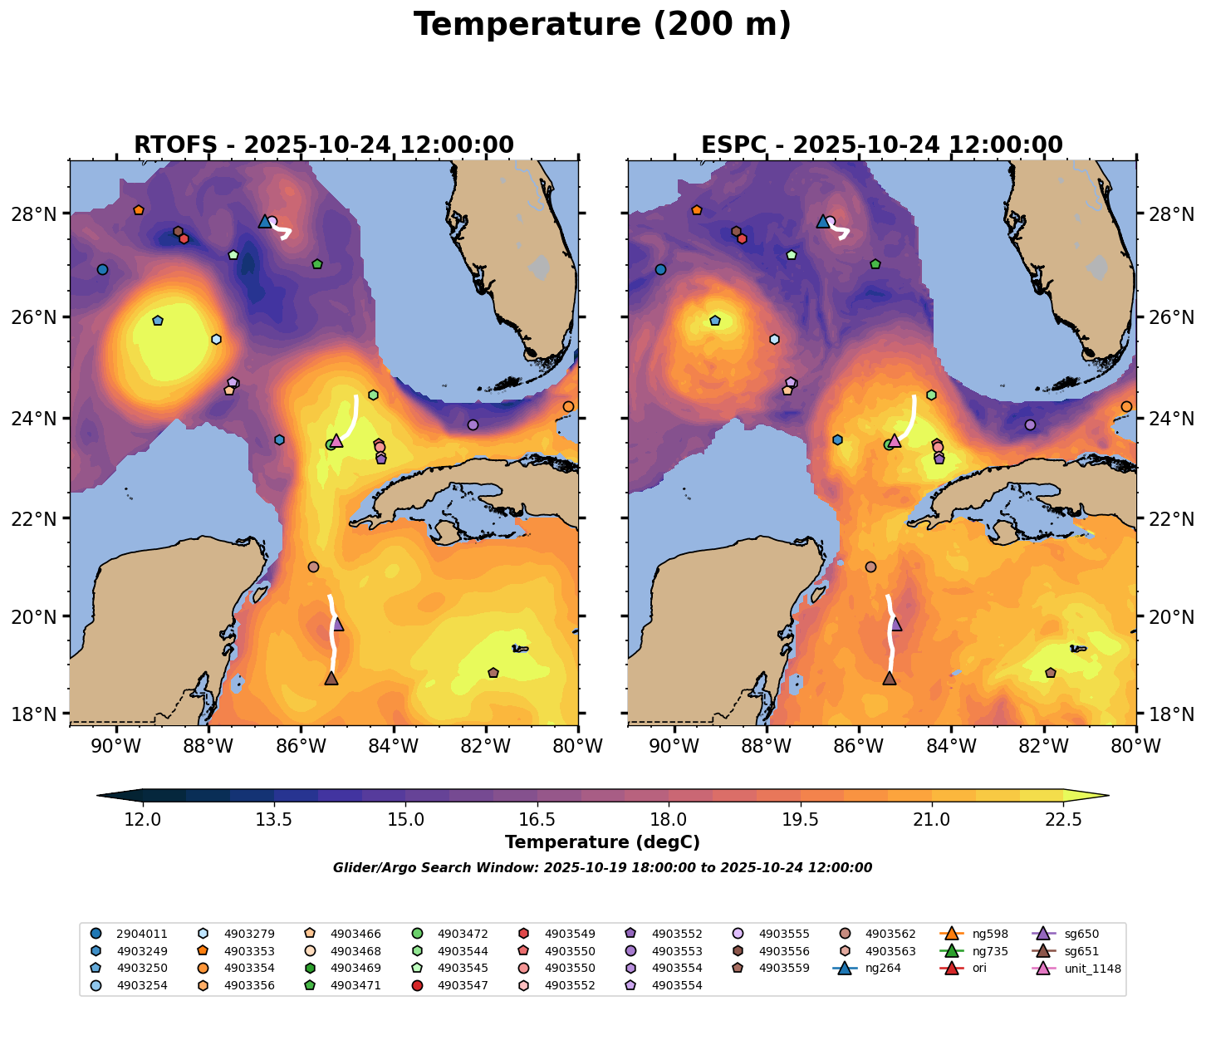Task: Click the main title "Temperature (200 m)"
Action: point(602,25)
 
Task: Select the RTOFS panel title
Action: point(324,145)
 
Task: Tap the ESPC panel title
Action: point(882,145)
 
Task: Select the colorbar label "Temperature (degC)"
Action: point(602,842)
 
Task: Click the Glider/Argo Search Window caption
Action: point(602,868)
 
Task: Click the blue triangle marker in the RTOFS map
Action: point(265,221)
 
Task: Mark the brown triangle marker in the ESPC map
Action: point(890,678)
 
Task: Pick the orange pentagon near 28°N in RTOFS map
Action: point(139,210)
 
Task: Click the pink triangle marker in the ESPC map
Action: point(895,440)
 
